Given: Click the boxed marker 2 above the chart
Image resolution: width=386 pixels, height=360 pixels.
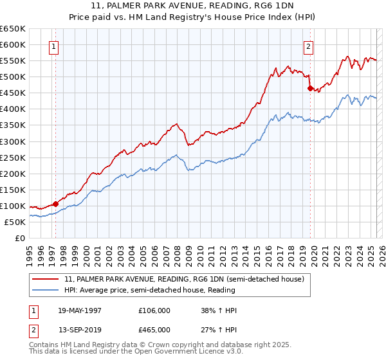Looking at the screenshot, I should (309, 46).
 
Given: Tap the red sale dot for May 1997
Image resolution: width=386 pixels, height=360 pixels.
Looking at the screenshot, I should (55, 204).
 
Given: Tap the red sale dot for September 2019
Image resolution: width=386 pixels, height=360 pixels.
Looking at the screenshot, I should (310, 88).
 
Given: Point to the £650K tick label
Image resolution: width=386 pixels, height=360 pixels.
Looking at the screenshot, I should (13, 29).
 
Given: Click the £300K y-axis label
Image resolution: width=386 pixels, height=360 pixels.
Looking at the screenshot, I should (13, 141).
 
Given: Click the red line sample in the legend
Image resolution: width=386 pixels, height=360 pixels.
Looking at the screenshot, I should (46, 279).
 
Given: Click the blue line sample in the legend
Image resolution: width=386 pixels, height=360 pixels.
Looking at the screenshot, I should (46, 289).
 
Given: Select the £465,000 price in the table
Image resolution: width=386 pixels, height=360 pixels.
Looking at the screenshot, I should (154, 330).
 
